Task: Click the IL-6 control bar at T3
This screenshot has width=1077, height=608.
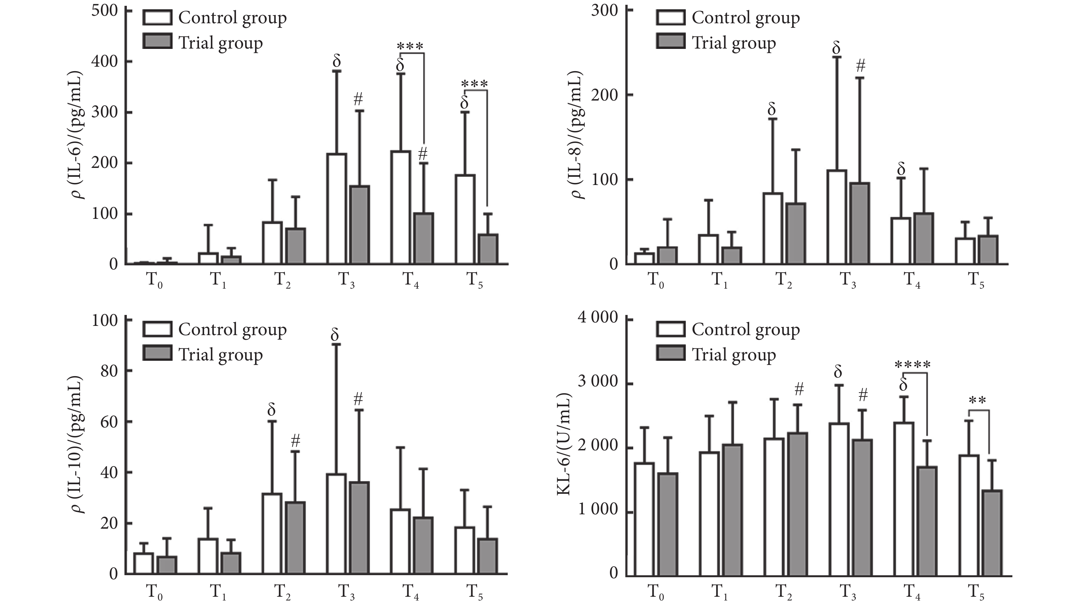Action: point(336,209)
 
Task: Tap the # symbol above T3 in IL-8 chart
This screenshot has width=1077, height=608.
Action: point(861,66)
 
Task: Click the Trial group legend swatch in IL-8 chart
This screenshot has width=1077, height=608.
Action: point(670,42)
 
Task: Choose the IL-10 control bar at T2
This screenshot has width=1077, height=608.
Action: point(272,533)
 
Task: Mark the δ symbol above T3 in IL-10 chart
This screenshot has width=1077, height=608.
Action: point(334,335)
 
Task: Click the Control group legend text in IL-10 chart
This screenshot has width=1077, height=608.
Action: point(232,330)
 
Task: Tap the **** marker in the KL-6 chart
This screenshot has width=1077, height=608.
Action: point(913,366)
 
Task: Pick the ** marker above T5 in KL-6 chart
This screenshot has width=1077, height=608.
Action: point(978,400)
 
